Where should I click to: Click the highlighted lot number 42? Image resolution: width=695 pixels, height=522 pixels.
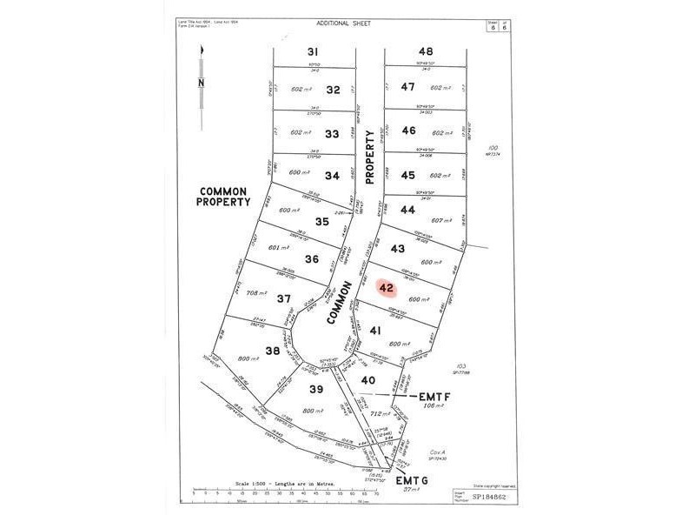click(x=387, y=286)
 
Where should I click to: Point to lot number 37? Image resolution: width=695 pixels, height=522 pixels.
click(x=283, y=298)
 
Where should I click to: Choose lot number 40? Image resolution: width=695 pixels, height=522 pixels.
click(x=368, y=379)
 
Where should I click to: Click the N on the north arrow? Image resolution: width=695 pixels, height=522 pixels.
click(x=201, y=84)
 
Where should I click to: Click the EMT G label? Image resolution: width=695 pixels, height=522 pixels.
click(x=414, y=480)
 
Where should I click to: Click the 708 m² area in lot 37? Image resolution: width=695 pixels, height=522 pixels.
click(x=259, y=292)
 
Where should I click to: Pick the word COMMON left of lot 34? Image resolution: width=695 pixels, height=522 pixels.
click(x=223, y=191)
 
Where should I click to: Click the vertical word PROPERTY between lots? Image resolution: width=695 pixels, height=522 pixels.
click(x=370, y=157)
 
